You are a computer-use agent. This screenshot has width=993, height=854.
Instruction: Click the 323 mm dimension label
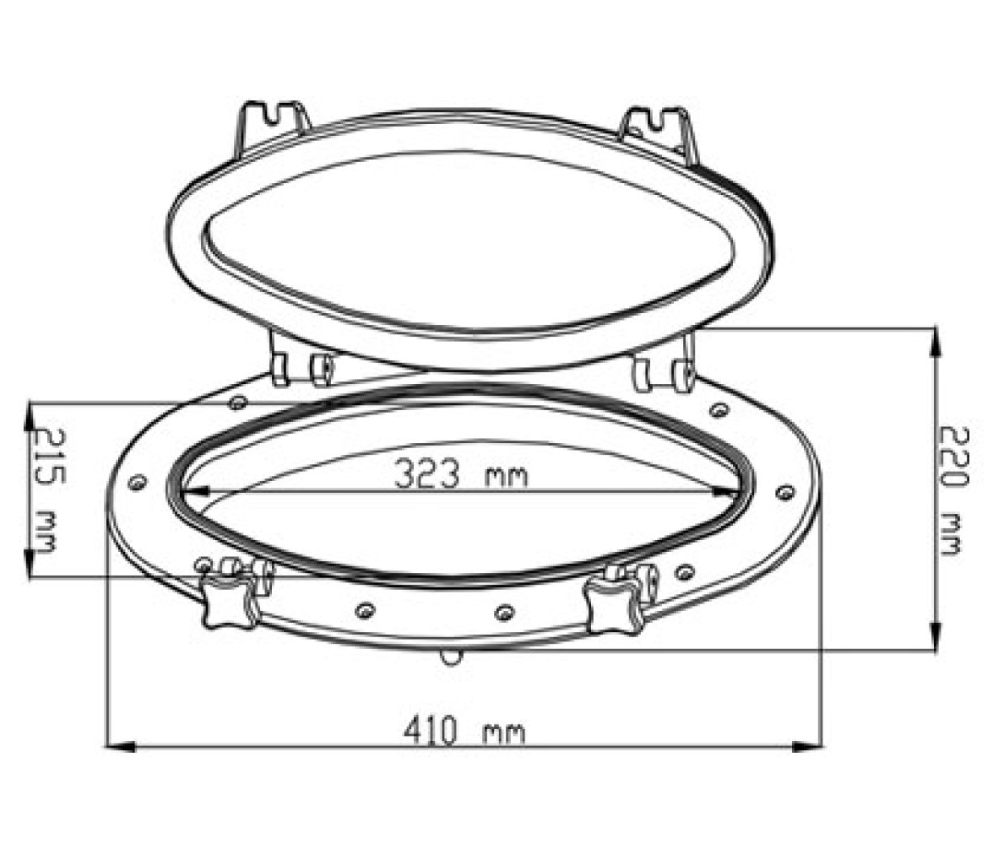pyautogui.click(x=460, y=473)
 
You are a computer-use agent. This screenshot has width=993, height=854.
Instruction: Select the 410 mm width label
pyautogui.click(x=464, y=731)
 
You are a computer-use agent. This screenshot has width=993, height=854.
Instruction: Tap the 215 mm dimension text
pyautogui.click(x=48, y=489)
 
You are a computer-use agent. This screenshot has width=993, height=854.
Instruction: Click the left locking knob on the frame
pyautogui.click(x=229, y=599)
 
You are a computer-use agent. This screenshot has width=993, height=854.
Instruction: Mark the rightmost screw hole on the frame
pyautogui.click(x=784, y=491)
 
